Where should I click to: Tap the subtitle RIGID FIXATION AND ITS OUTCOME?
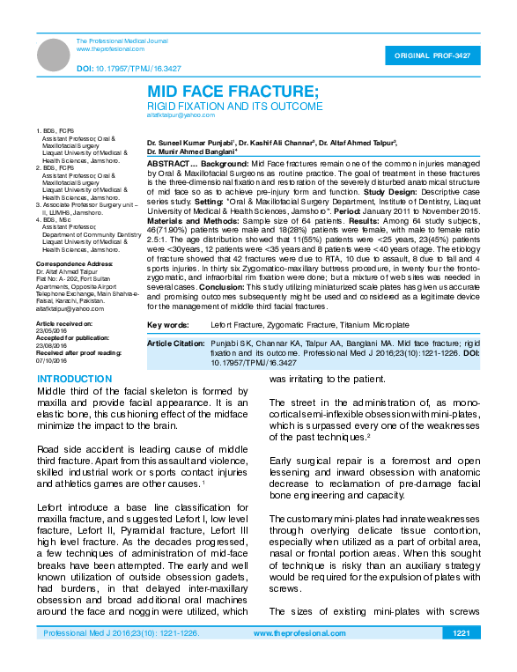[234, 106]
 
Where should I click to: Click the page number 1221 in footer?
[460, 658]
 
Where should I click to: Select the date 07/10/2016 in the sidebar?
[52, 361]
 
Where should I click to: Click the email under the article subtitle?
[176, 115]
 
